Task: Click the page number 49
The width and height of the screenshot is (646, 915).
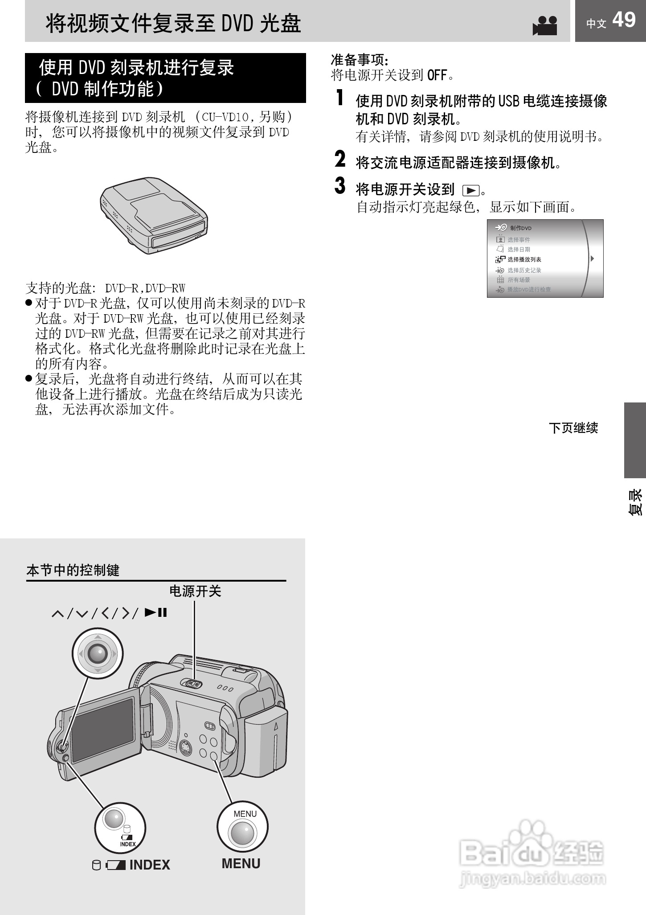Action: (624, 20)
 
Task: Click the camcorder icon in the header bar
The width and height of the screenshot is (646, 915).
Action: (545, 26)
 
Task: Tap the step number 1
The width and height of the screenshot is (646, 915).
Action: (340, 98)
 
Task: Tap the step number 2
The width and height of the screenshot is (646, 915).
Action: (340, 159)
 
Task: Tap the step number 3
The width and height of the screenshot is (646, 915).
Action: (340, 186)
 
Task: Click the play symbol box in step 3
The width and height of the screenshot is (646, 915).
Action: (470, 191)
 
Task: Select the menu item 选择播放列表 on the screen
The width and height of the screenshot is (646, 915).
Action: (524, 259)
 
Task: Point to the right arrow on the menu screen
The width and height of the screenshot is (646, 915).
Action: (592, 258)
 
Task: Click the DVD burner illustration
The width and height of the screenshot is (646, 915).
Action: (154, 216)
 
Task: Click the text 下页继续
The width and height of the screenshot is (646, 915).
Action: (573, 428)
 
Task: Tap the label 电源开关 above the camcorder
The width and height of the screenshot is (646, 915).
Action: (195, 591)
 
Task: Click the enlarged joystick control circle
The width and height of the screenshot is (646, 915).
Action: (98, 654)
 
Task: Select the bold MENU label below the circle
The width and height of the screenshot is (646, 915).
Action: (241, 863)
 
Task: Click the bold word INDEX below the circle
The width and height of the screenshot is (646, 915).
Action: (150, 865)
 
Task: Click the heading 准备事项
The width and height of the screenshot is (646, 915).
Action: (360, 59)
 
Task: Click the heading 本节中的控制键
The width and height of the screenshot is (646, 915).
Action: (73, 570)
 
